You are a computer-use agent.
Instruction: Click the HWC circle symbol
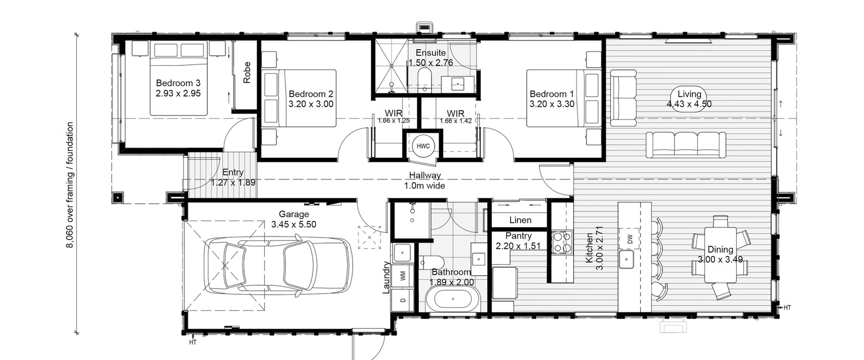click(x=423, y=146)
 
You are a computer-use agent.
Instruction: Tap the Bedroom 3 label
click(x=178, y=83)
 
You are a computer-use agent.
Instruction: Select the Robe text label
click(x=247, y=73)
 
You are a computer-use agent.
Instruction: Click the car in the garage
click(x=278, y=267)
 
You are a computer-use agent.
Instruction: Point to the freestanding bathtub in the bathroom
click(x=452, y=300)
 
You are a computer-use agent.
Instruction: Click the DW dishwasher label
click(x=630, y=240)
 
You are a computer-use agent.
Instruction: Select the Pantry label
click(x=518, y=236)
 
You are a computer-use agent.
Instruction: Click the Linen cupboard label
click(x=520, y=220)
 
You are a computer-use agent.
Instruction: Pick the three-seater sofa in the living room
click(x=686, y=145)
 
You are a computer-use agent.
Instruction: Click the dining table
click(x=721, y=255)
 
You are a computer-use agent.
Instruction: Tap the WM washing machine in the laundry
click(x=403, y=275)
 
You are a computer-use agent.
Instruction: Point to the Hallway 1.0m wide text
click(x=425, y=181)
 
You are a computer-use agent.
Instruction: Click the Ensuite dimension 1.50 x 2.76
click(x=430, y=63)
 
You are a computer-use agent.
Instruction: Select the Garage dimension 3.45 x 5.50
click(x=294, y=224)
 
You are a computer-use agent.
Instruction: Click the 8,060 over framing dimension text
click(x=70, y=185)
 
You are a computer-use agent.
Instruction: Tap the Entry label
click(x=233, y=173)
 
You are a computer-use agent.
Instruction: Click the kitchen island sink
click(x=626, y=259)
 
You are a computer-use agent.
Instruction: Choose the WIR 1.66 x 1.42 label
click(x=455, y=117)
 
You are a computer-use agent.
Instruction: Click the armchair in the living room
click(x=623, y=97)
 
